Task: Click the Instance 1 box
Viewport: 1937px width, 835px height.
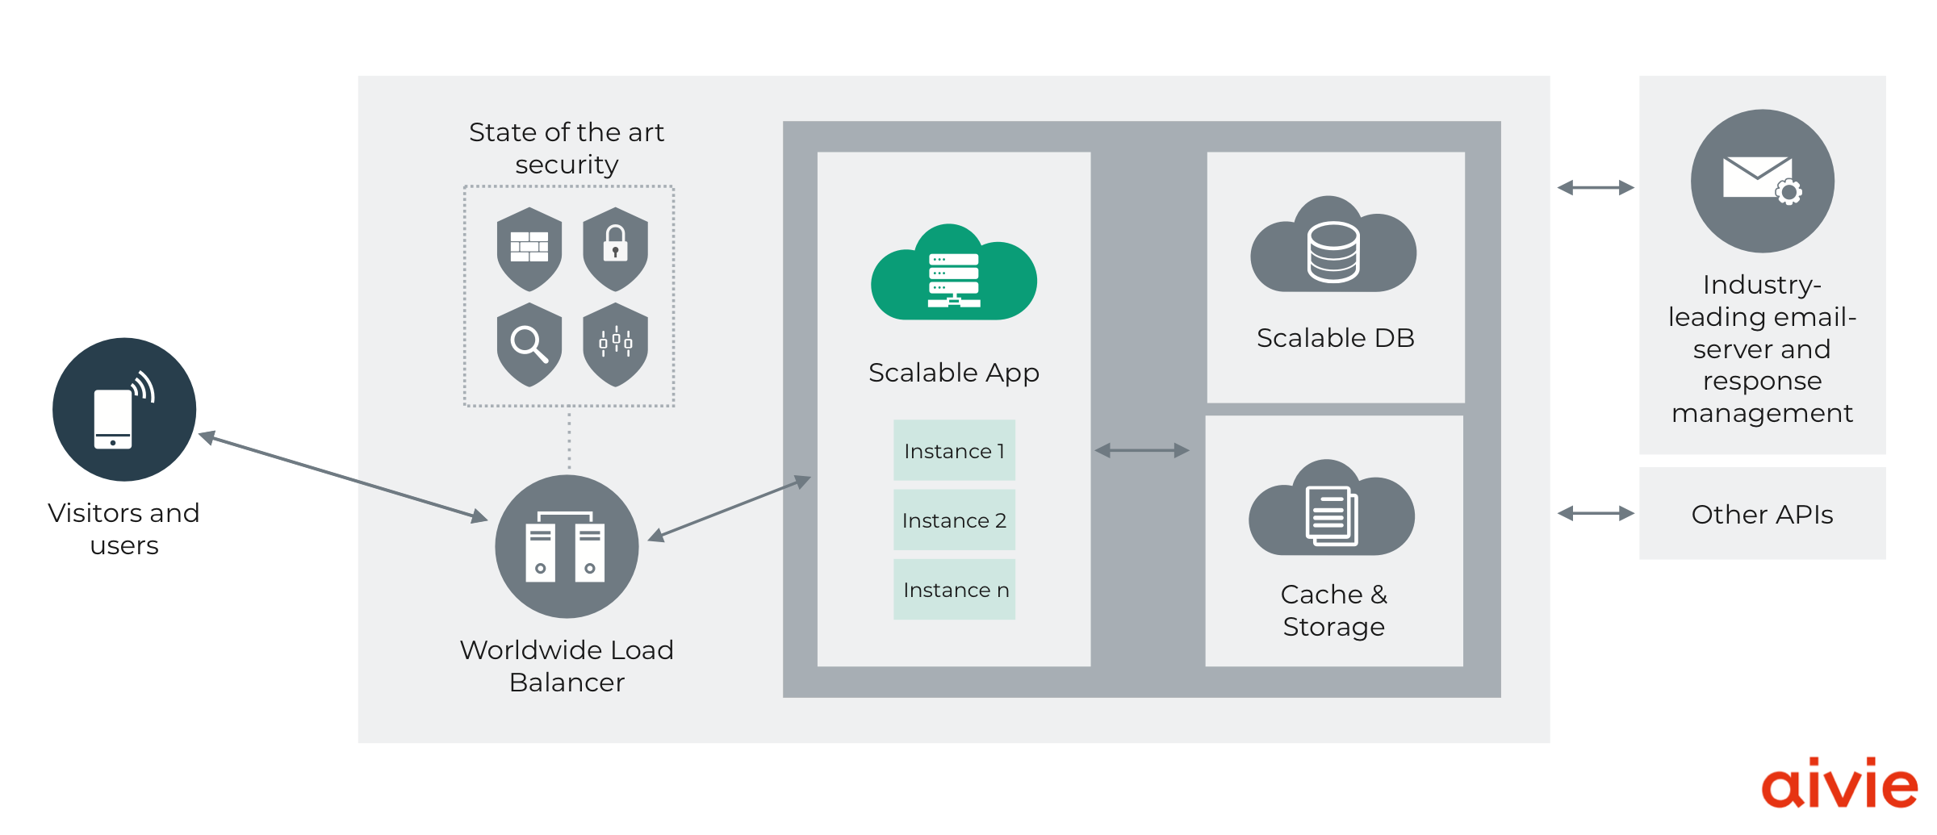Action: pos(954,450)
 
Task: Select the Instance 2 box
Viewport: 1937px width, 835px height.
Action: pos(954,520)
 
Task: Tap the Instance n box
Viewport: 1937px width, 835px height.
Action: pos(954,590)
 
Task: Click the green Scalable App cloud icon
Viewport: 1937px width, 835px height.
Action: pos(954,274)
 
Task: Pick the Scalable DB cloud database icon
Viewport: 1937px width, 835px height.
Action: pos(1333,247)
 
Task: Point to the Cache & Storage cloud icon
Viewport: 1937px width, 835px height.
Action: pos(1332,511)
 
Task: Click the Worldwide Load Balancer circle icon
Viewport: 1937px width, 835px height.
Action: pos(567,547)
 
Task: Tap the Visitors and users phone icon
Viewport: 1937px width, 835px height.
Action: pos(124,410)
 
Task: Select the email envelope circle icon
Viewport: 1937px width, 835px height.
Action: pos(1762,181)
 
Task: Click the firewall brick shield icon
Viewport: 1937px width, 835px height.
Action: pos(529,248)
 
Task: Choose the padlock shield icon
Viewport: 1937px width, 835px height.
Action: pos(615,248)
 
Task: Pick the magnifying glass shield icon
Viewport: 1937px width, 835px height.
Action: pos(529,344)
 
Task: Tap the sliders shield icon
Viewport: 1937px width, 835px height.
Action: pos(615,344)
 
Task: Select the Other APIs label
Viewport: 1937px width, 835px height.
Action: pos(1762,514)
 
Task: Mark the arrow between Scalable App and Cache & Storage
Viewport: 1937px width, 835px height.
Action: pos(1142,450)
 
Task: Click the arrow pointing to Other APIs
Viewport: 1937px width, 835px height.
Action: pos(1596,513)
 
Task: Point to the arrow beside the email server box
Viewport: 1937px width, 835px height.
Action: pos(1596,188)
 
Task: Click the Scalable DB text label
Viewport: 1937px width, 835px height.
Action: pos(1335,338)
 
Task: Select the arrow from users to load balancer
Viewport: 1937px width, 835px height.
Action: pos(343,478)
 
